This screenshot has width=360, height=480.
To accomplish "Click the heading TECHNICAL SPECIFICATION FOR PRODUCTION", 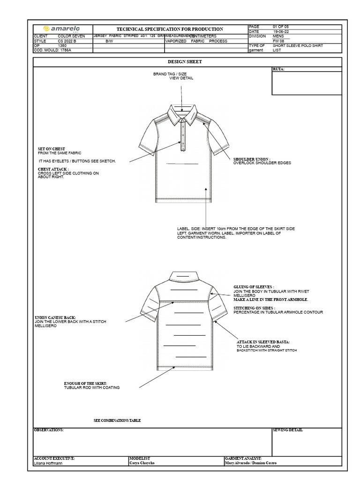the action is (x=170, y=29).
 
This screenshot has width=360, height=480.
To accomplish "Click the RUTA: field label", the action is (x=278, y=69).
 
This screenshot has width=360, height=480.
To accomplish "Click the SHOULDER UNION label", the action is (x=252, y=159).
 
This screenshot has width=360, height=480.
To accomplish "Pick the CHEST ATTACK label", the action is (x=53, y=169).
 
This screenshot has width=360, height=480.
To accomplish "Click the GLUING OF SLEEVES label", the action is (x=254, y=286).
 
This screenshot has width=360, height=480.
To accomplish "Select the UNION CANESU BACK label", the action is (x=55, y=317).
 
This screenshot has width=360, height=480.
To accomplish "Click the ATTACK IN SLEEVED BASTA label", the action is (x=263, y=342).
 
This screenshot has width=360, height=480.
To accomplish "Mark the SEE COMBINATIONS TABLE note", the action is (x=117, y=420).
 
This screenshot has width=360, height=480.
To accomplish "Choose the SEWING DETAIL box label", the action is (x=288, y=430).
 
